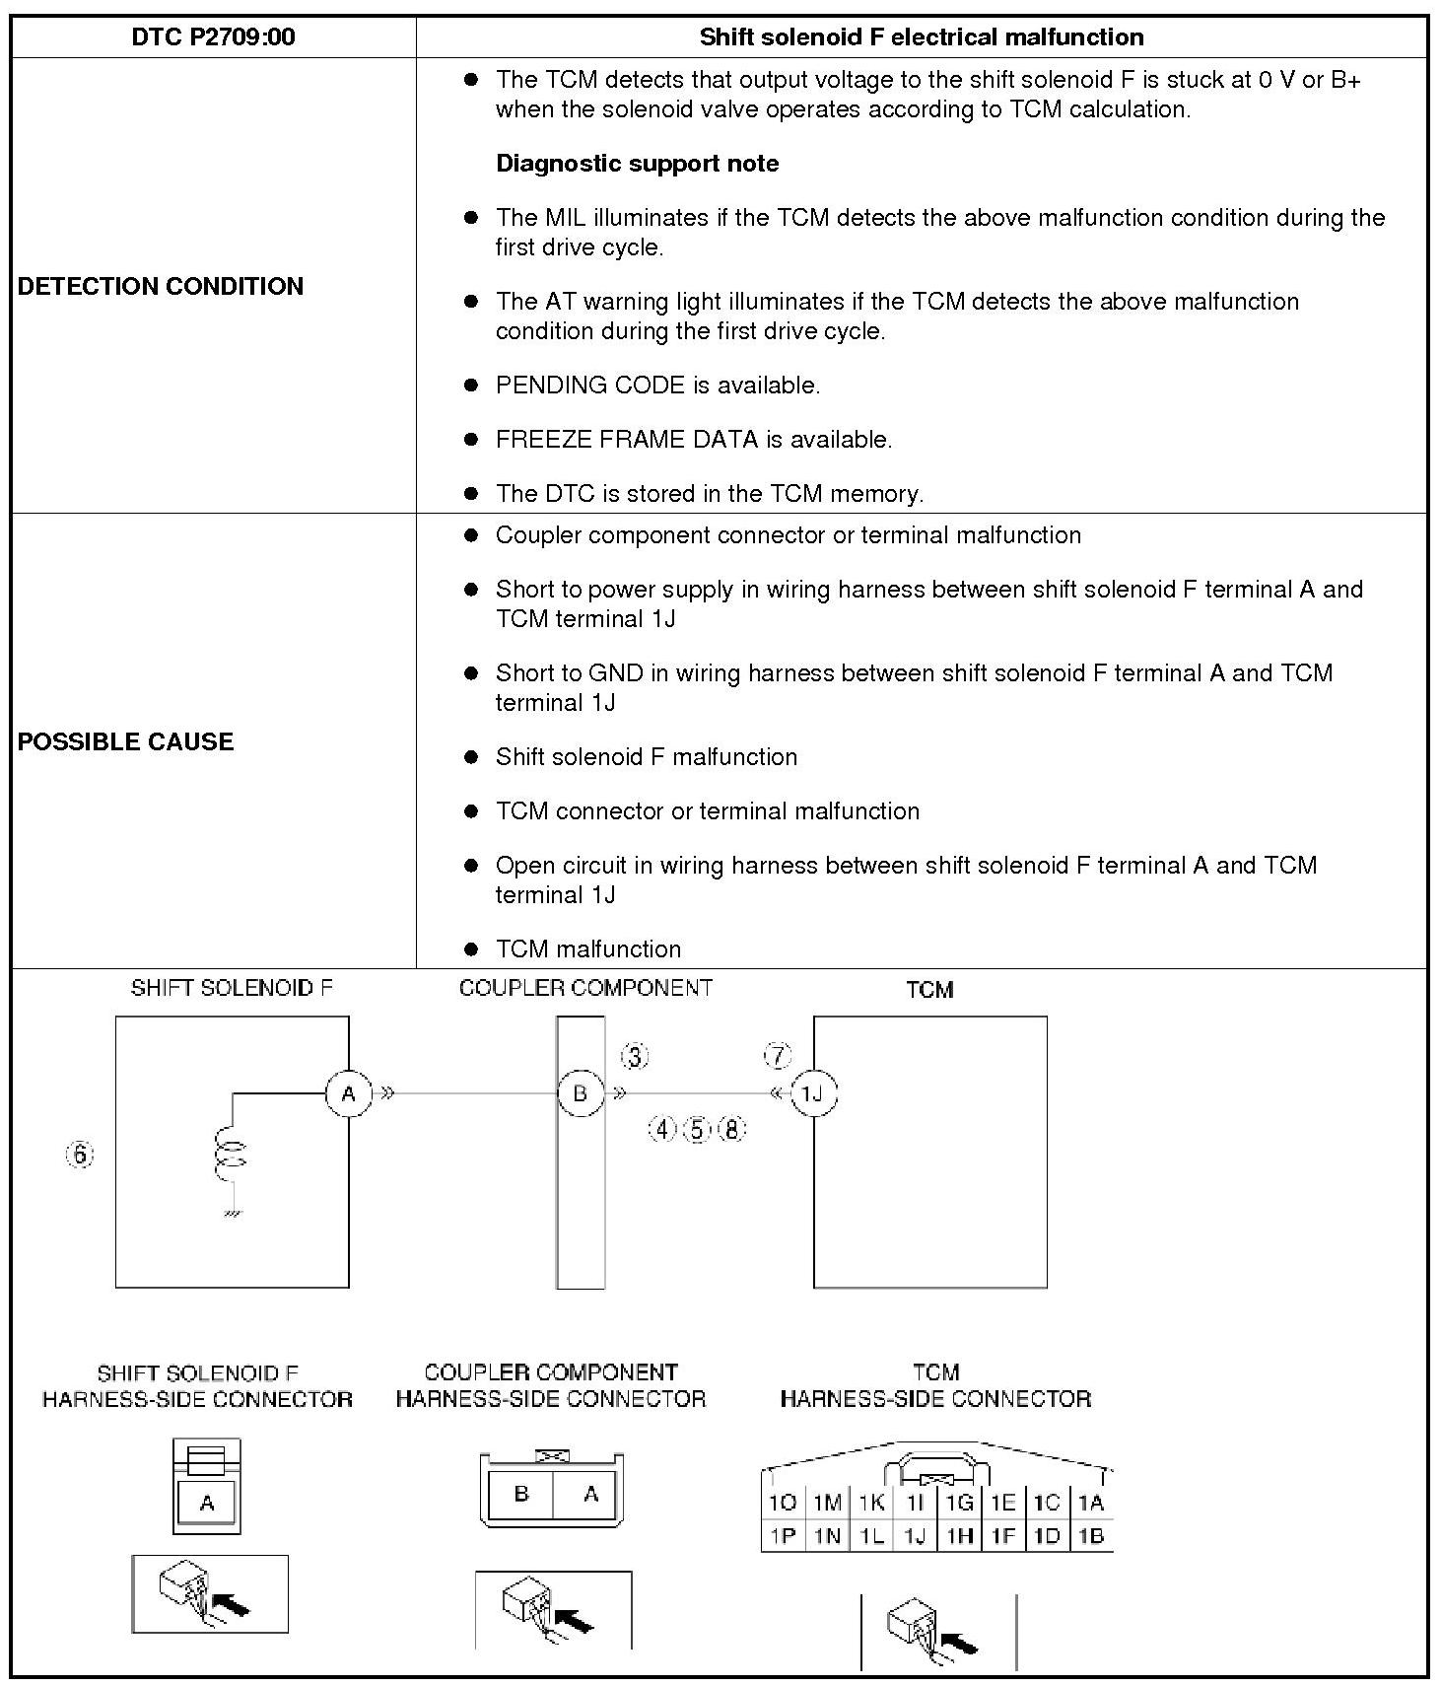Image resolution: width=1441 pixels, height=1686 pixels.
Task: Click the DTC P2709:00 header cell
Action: pyautogui.click(x=213, y=37)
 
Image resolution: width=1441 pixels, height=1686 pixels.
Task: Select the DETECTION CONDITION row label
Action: pyautogui.click(x=161, y=286)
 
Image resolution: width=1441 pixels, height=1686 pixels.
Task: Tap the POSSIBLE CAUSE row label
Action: pyautogui.click(x=125, y=741)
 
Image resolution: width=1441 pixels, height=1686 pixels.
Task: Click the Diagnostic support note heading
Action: pyautogui.click(x=637, y=164)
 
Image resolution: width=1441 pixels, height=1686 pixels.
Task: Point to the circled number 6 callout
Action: pyautogui.click(x=80, y=1154)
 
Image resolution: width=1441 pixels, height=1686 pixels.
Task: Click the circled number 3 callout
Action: pyautogui.click(x=635, y=1057)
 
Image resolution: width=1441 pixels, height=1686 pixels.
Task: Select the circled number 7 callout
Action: pyautogui.click(x=778, y=1056)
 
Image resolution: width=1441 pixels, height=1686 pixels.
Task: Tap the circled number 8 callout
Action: pyautogui.click(x=732, y=1129)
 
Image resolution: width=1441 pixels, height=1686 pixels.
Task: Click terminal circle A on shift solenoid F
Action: pyautogui.click(x=348, y=1093)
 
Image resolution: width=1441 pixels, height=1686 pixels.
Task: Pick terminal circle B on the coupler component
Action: pyautogui.click(x=580, y=1093)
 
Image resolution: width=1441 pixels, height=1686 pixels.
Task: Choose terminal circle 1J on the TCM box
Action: pyautogui.click(x=813, y=1093)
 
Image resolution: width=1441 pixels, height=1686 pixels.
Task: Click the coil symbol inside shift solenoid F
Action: pyautogui.click(x=230, y=1154)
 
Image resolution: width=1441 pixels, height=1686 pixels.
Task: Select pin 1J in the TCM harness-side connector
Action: pyautogui.click(x=915, y=1535)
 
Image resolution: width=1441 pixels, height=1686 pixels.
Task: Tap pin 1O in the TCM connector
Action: pyautogui.click(x=783, y=1503)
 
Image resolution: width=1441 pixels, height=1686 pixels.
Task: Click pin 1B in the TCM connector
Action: pyautogui.click(x=1091, y=1535)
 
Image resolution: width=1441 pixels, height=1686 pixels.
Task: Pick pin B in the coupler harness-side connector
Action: pyautogui.click(x=521, y=1495)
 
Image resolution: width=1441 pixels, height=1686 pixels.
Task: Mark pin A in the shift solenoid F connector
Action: pyautogui.click(x=207, y=1503)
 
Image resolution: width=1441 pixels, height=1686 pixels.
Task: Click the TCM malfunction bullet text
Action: pyautogui.click(x=588, y=948)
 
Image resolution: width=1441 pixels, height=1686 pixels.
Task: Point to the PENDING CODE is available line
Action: pyautogui.click(x=657, y=386)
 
